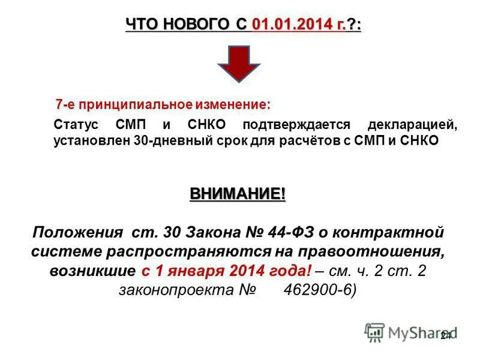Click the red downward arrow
coord(238,65)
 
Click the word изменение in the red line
coord(233,104)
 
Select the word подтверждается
coord(296,126)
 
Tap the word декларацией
coord(413,126)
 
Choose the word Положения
coord(74,232)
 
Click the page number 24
coord(445,335)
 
